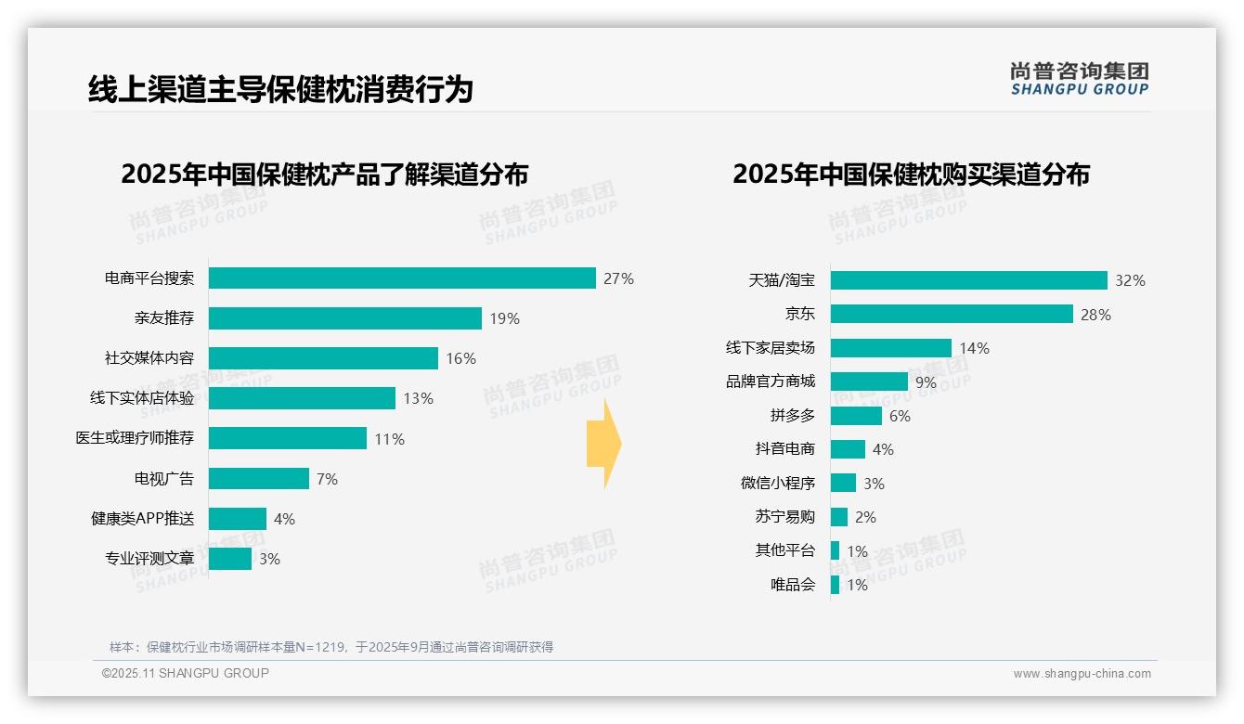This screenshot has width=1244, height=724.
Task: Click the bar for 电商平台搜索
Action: (x=401, y=278)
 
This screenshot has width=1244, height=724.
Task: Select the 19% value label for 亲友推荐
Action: (x=504, y=318)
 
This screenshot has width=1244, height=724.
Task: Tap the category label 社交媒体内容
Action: (x=149, y=358)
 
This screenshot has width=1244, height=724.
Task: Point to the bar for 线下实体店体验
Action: (x=302, y=398)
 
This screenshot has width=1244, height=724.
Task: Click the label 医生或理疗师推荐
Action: (x=135, y=438)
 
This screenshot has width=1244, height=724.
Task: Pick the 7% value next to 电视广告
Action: (x=327, y=479)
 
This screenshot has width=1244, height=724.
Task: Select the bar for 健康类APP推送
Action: (x=237, y=519)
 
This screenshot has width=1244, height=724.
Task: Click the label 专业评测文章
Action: (x=149, y=559)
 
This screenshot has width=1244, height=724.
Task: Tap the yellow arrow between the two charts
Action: (x=603, y=445)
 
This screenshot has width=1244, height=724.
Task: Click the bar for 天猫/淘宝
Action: (x=968, y=280)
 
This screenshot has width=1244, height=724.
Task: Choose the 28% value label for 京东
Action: (x=1095, y=315)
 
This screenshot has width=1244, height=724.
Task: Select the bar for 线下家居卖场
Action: (x=890, y=348)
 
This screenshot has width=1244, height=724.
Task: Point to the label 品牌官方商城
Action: (x=770, y=381)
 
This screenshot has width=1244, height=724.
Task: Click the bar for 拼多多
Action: (x=855, y=416)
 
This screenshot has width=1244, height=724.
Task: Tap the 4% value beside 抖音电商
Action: (x=883, y=449)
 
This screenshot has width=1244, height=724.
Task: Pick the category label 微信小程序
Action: (x=777, y=484)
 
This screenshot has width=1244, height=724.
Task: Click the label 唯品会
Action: (x=792, y=585)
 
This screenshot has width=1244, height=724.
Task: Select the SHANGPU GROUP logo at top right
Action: (x=1079, y=78)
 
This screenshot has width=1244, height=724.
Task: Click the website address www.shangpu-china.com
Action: (x=1082, y=674)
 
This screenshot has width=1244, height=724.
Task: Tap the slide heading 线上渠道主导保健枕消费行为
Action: (x=280, y=89)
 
